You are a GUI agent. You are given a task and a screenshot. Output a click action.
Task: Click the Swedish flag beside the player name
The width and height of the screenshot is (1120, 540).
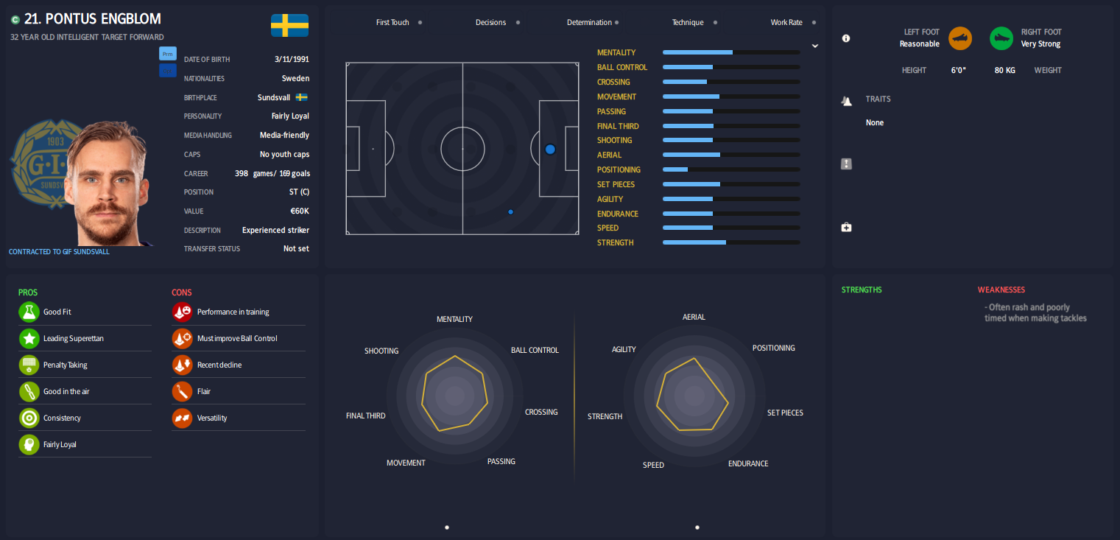tap(289, 25)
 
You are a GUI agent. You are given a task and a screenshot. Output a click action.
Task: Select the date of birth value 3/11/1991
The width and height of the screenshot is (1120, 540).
tap(292, 59)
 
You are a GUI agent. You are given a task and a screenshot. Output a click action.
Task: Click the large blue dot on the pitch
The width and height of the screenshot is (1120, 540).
tap(550, 150)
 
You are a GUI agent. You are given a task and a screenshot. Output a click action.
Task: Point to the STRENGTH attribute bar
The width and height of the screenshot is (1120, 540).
tap(730, 242)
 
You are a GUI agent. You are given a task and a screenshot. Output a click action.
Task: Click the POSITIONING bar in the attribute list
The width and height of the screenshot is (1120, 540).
tap(730, 169)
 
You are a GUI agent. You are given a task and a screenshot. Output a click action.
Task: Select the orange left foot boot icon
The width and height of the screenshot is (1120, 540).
tap(960, 38)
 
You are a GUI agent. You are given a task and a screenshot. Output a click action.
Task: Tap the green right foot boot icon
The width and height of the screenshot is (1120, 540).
tap(1001, 38)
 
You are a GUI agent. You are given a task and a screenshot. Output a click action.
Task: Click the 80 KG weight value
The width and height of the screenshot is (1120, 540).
tap(1004, 70)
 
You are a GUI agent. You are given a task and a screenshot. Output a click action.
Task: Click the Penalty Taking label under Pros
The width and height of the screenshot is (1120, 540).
tap(65, 365)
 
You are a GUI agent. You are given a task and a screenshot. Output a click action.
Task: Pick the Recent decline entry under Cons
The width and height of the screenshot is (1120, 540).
tap(219, 365)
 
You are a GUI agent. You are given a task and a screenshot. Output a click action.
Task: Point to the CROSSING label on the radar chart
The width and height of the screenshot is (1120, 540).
tap(541, 412)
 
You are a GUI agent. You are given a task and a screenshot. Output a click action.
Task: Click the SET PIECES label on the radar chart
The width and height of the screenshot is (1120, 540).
tap(785, 413)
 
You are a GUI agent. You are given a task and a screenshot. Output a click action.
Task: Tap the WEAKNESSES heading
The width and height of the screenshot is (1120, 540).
tap(1001, 290)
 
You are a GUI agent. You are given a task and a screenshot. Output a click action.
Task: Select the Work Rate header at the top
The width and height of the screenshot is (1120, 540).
tap(786, 22)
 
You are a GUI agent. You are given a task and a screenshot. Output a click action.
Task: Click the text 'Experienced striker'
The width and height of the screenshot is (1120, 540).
tap(275, 230)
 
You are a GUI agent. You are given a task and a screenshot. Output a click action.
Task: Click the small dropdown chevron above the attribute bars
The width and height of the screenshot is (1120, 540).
tap(815, 46)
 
